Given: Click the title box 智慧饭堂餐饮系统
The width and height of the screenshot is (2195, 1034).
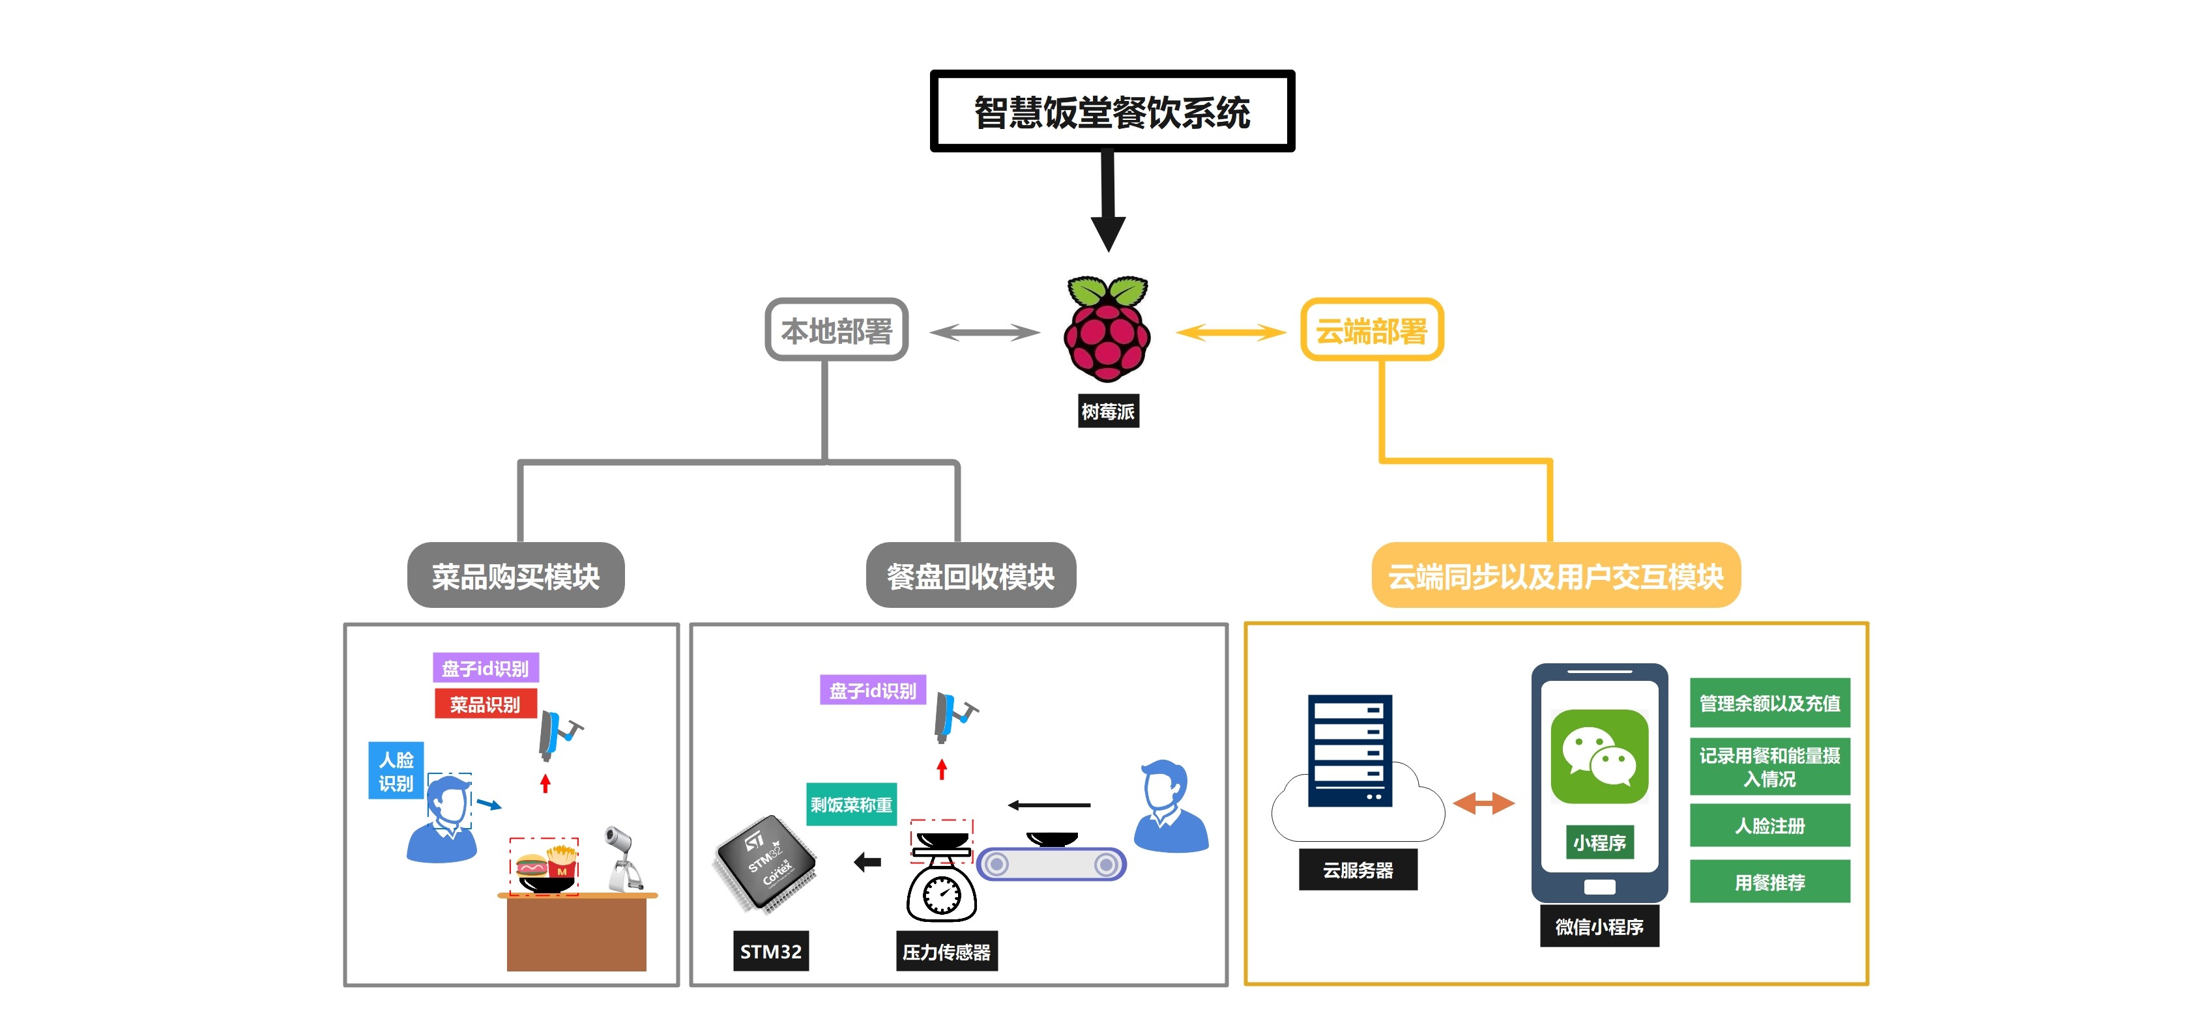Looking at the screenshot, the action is (x=1112, y=111).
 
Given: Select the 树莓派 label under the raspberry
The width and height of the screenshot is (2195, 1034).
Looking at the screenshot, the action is (x=1108, y=411).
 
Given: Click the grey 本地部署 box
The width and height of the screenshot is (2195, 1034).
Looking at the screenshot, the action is (x=836, y=330).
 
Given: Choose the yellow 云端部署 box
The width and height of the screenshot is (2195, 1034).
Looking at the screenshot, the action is (x=1372, y=330).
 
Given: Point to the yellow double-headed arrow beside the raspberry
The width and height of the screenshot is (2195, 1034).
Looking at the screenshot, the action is (x=1230, y=332).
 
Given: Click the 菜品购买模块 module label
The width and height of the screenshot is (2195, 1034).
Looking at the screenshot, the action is (x=516, y=576).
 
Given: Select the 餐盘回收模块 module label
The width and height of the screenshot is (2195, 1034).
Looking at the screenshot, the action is (x=970, y=576).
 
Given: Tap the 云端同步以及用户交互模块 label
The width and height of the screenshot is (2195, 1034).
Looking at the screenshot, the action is (x=1556, y=576).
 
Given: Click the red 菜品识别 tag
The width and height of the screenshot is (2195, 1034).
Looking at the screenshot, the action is (x=485, y=704).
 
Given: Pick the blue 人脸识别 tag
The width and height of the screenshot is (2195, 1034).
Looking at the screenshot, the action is (x=396, y=771).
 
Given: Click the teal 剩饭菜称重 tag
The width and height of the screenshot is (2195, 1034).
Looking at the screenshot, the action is (x=851, y=804).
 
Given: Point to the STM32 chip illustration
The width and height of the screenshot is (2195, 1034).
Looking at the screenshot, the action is (x=765, y=863).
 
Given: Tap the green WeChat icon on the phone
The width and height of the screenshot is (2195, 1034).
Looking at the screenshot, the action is (x=1599, y=756).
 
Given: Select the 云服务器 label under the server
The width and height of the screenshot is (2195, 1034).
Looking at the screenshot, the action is (x=1358, y=870).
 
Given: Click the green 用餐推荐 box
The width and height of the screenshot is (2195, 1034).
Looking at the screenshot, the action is (x=1770, y=882).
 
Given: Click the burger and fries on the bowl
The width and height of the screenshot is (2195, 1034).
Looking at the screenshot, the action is (x=545, y=863).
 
